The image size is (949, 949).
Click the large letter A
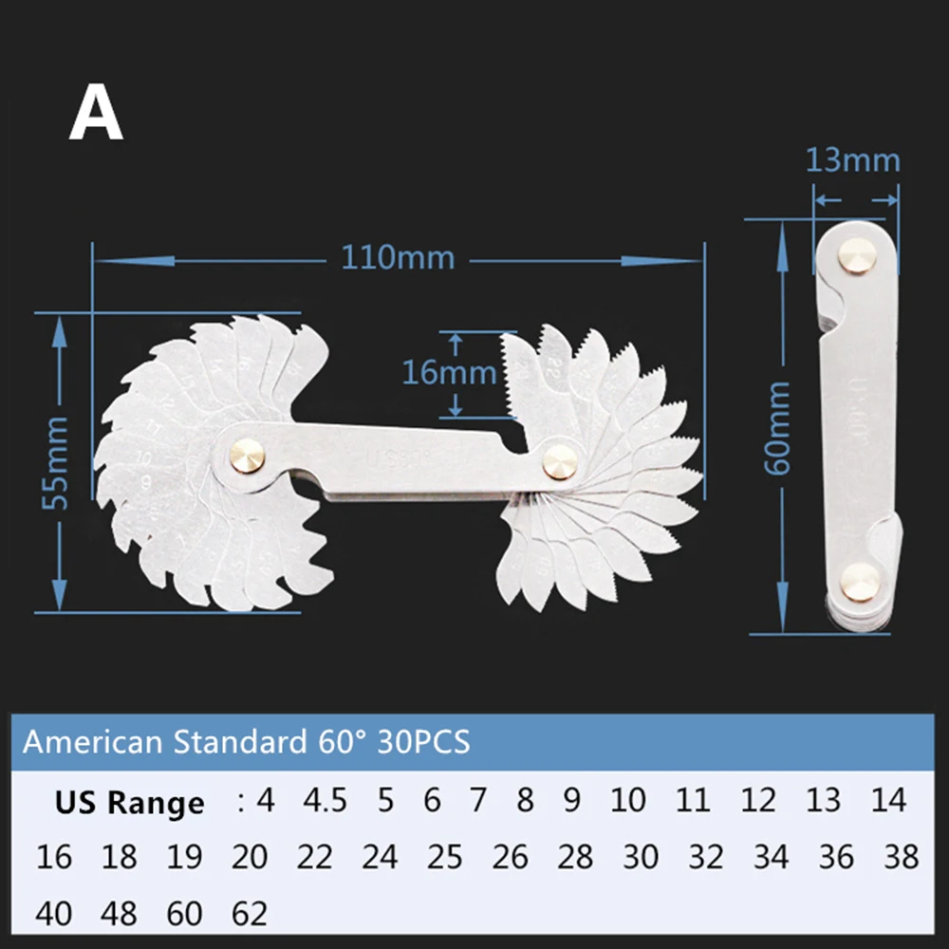[96, 116]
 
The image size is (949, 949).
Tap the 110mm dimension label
[398, 256]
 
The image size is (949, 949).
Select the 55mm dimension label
[58, 460]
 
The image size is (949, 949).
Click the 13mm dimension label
[852, 159]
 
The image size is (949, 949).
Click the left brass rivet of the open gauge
[250, 455]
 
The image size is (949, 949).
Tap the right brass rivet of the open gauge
[560, 460]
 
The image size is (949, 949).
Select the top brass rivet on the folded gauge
[857, 255]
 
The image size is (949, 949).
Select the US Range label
[129, 803]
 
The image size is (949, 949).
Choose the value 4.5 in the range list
[326, 801]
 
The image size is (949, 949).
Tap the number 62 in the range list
[250, 914]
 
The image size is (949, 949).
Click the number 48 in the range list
[119, 914]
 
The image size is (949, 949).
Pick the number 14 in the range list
[888, 801]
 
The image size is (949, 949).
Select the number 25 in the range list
[444, 858]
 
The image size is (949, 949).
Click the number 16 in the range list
[53, 858]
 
